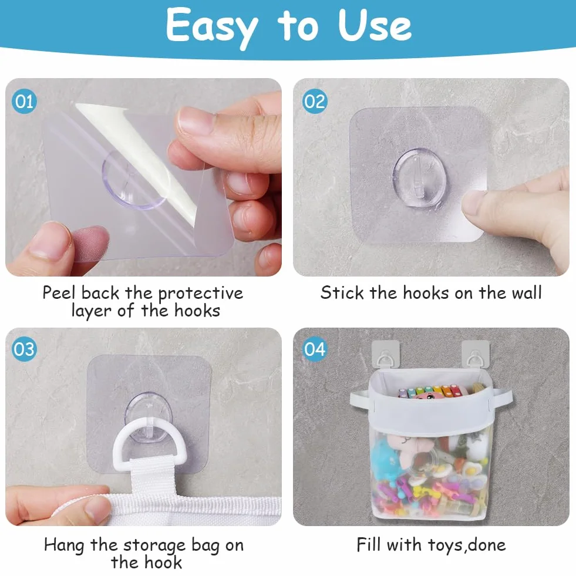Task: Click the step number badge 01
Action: (x=24, y=101)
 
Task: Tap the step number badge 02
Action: (x=315, y=101)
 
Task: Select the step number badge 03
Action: (x=24, y=349)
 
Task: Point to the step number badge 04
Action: (x=315, y=349)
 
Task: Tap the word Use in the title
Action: (x=375, y=25)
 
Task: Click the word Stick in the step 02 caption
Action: (x=342, y=293)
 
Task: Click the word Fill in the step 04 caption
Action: (x=369, y=544)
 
